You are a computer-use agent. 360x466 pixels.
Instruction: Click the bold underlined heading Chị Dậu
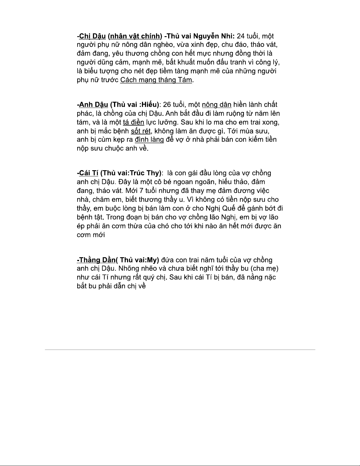point(92,36)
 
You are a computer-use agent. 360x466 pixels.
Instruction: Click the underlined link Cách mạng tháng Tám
point(156,80)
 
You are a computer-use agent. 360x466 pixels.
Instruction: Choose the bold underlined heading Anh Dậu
point(93,105)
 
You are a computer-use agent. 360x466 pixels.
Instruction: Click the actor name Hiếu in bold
point(149,105)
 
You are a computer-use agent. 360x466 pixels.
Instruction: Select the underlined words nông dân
point(217,105)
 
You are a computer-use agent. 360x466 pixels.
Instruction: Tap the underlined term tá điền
point(133,122)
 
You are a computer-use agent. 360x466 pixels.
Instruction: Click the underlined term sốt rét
point(141,131)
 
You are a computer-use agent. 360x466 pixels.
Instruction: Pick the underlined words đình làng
point(149,139)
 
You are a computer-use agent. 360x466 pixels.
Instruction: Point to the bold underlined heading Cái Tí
point(88,173)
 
